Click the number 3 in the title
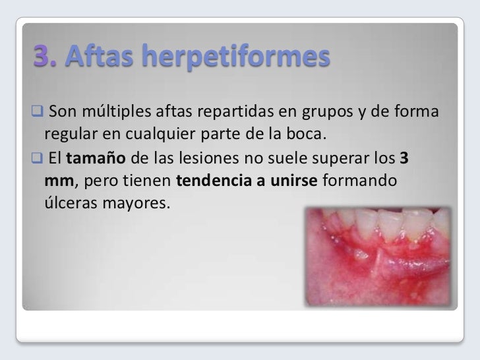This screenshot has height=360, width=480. [x=43, y=59]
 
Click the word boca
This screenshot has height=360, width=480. [x=307, y=135]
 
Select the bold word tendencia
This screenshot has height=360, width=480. [x=212, y=181]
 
